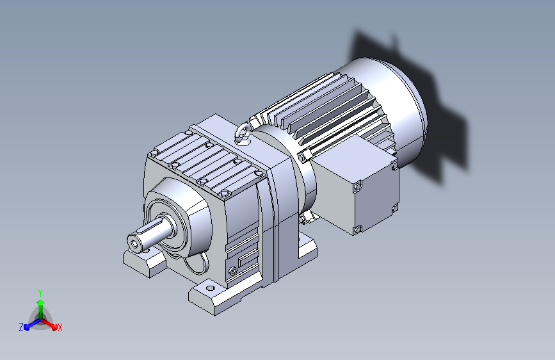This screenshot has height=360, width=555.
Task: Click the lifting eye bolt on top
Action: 243,133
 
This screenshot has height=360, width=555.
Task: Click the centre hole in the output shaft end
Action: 135,244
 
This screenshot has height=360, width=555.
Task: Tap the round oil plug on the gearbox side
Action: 232,271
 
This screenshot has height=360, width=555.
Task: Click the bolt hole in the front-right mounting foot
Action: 210,288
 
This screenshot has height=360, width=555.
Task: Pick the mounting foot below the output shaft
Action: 145,263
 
